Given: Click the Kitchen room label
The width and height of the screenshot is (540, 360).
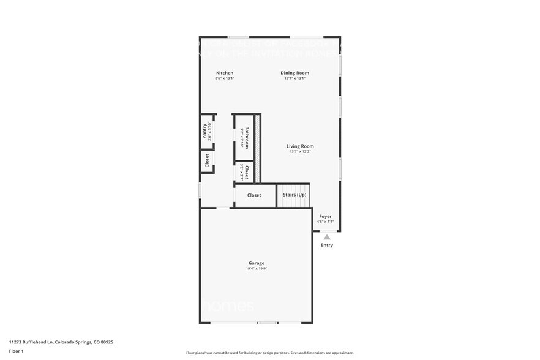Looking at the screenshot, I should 224,73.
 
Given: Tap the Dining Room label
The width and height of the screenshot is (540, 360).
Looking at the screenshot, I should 294,73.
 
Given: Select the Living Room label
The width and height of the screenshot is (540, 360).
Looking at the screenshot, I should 300,146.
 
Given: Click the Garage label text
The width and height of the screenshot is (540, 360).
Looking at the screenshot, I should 256,263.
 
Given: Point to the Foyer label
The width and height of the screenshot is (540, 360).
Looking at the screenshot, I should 325,216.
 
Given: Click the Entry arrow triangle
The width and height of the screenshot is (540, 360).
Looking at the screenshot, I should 327,237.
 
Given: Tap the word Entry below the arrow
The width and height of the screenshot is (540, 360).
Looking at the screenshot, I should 327,246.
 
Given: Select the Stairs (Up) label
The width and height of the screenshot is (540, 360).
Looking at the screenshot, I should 294,195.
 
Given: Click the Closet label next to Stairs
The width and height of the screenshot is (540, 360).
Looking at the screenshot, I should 254,195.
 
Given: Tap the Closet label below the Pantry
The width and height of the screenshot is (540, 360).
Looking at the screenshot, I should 207,160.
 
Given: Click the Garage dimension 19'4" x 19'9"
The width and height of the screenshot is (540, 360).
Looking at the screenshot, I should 256,268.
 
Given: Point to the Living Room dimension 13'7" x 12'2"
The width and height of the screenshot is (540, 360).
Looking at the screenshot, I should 300,152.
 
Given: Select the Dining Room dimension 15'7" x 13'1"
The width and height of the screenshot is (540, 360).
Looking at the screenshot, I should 294,78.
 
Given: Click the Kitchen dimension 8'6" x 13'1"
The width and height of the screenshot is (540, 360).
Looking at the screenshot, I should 224,78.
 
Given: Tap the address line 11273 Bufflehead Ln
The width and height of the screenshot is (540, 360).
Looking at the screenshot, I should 61,342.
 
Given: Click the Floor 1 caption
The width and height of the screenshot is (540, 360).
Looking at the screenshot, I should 17,351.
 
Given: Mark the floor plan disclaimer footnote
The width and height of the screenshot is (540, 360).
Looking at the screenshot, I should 269,353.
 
